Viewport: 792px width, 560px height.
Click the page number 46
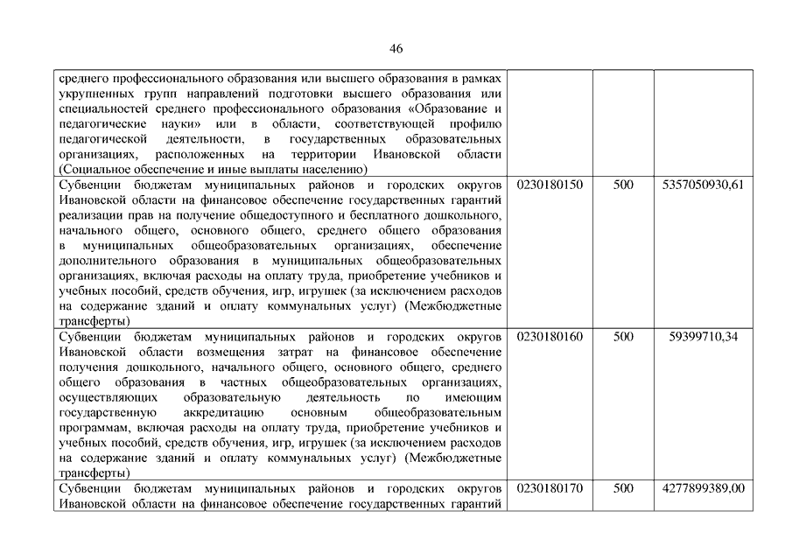(x=396, y=48)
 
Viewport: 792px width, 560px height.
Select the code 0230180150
(x=550, y=186)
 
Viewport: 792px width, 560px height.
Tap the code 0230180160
(x=550, y=337)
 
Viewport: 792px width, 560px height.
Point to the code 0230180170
(x=550, y=488)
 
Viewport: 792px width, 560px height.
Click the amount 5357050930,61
(x=704, y=186)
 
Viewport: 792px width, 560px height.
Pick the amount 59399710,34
(x=704, y=337)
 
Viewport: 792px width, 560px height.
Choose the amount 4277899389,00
(x=704, y=488)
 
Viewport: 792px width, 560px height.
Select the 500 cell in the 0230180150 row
(x=623, y=186)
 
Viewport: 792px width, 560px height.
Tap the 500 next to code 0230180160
(x=623, y=337)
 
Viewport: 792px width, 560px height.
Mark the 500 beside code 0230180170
(x=623, y=488)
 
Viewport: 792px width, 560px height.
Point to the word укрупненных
(x=94, y=94)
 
